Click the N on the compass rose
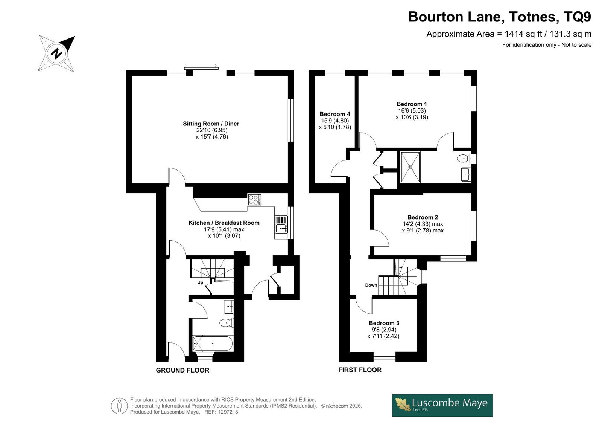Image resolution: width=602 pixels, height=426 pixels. click(x=56, y=53)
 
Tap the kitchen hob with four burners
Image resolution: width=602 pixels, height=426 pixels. click(x=254, y=200)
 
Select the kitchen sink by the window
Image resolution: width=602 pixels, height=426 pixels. click(x=281, y=224)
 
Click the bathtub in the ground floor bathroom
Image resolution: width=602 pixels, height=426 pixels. click(x=213, y=344)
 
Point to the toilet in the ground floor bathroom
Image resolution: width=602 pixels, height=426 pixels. click(x=226, y=323)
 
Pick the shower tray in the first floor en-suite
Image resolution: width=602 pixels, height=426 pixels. click(x=410, y=167)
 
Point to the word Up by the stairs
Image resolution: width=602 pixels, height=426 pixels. click(x=200, y=282)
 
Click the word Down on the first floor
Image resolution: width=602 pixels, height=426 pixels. click(x=371, y=285)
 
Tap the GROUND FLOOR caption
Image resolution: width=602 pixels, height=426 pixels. click(x=182, y=370)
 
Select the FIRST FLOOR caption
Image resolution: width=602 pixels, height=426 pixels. click(x=360, y=370)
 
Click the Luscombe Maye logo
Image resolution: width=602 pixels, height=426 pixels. click(x=442, y=405)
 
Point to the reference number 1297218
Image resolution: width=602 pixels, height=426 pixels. click(x=228, y=412)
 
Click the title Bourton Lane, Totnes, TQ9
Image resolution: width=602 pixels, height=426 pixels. click(x=500, y=17)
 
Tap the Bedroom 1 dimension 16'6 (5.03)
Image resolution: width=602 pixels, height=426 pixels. click(x=412, y=111)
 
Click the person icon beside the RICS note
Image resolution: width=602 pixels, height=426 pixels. click(x=119, y=406)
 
